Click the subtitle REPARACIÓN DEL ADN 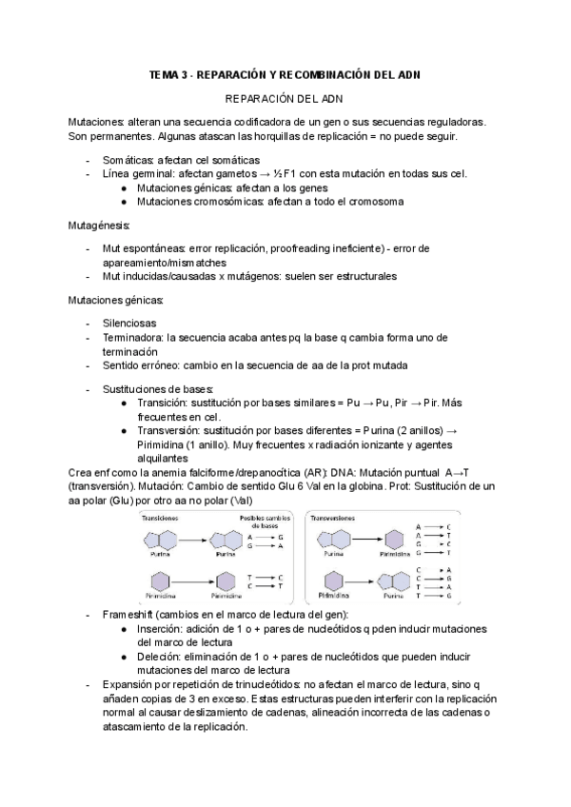(284, 99)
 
